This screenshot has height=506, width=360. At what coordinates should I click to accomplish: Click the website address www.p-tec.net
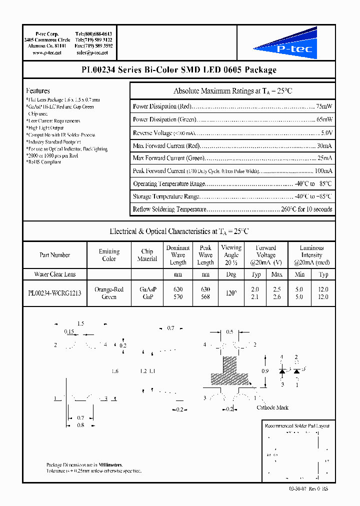click(x=47, y=52)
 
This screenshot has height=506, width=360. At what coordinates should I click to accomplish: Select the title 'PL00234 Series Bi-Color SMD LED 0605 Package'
click(x=178, y=70)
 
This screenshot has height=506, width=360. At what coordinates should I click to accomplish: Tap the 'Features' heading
click(x=38, y=91)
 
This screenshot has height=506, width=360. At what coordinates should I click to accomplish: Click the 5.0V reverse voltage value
click(x=326, y=132)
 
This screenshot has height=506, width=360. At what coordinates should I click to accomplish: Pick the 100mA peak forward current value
click(x=324, y=171)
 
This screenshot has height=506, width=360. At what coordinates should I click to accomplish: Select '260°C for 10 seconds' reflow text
click(x=305, y=209)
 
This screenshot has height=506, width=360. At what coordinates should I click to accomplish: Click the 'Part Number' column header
click(x=54, y=255)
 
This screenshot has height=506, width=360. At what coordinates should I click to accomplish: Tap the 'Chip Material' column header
click(x=147, y=255)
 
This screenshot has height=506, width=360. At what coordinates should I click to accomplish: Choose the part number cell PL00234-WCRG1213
click(x=54, y=293)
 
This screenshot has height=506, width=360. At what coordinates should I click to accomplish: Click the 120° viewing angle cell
click(x=231, y=293)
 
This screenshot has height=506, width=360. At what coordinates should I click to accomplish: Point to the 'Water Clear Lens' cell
click(x=54, y=274)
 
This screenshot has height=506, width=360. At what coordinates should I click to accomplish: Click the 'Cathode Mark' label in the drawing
click(x=272, y=407)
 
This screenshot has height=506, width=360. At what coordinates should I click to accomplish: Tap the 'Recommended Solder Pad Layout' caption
click(x=297, y=425)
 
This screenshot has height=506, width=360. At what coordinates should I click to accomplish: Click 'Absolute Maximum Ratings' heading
click(x=232, y=91)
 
